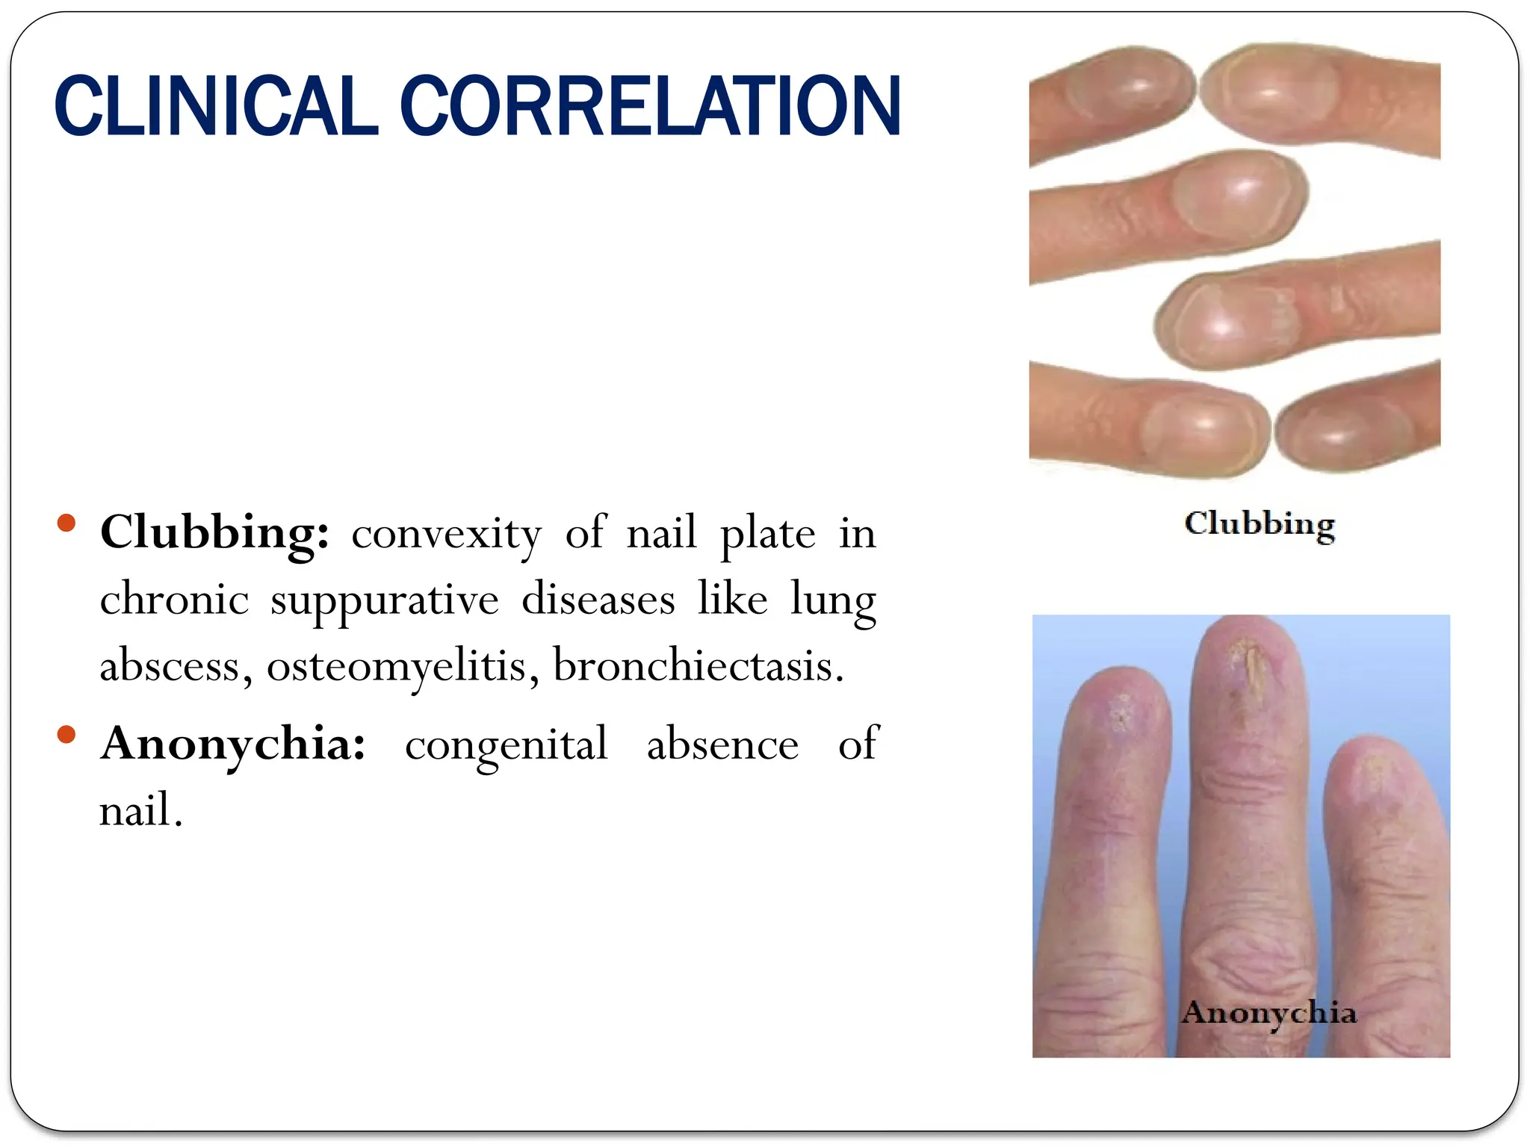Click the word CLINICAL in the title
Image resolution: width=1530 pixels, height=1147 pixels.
click(x=216, y=107)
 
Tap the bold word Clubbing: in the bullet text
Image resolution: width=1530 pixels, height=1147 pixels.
click(x=215, y=532)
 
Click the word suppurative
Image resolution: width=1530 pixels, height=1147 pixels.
click(x=385, y=600)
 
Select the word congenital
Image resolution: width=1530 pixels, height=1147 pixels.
click(x=507, y=745)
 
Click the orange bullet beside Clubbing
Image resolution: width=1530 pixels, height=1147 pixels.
click(x=66, y=523)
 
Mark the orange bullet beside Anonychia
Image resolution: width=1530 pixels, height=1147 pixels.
click(x=66, y=735)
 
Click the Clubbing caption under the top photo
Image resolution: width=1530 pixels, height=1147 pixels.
click(x=1260, y=524)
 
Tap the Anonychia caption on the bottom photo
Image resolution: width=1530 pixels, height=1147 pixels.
click(x=1269, y=1013)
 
